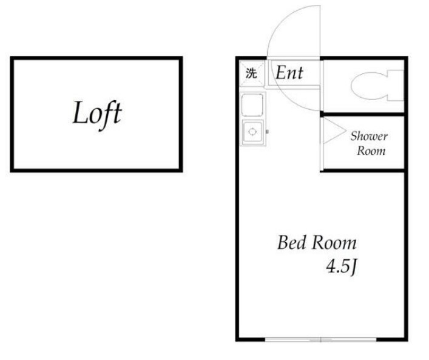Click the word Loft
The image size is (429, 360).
[x=97, y=114]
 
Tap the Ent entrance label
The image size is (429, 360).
[x=289, y=73]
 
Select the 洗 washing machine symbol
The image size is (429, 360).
[x=251, y=73]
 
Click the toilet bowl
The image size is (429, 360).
[x=369, y=85]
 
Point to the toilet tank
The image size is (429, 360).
[x=396, y=85]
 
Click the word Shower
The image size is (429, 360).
[x=369, y=136]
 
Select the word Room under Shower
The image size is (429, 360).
[x=371, y=151]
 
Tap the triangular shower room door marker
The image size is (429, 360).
[x=334, y=131]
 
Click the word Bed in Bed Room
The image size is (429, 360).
[x=291, y=243]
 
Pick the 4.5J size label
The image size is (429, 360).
[x=342, y=267]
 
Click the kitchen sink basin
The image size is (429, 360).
[x=252, y=104]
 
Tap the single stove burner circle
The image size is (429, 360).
[x=252, y=132]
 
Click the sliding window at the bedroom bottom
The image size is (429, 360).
[x=320, y=340]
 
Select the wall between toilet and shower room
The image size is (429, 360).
[x=362, y=114]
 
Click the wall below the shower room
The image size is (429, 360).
[x=362, y=171]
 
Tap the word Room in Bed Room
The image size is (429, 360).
[x=334, y=243]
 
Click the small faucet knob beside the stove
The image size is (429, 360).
[x=268, y=132]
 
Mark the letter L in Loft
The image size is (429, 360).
[x=81, y=112]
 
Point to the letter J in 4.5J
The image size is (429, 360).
[x=354, y=268]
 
